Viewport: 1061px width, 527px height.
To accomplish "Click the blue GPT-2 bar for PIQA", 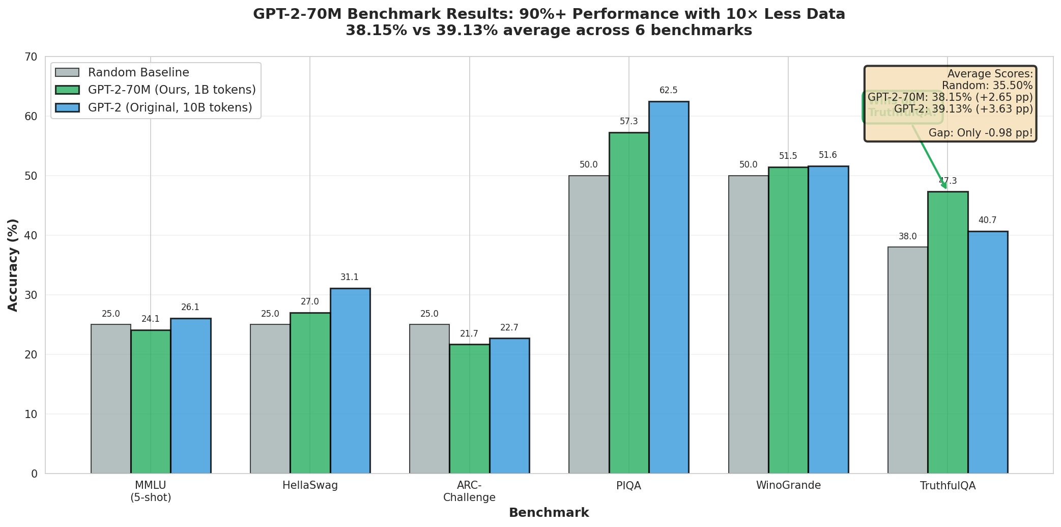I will point(669,288).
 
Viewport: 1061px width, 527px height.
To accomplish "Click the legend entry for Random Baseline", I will point(138,72).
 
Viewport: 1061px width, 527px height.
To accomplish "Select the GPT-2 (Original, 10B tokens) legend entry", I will point(170,107).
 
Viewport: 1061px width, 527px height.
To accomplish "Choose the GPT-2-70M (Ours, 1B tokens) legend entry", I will point(171,90).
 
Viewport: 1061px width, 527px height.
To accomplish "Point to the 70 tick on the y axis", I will point(32,57).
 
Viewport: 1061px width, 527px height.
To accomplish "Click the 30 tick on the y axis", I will point(32,295).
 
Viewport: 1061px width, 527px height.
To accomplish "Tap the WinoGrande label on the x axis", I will point(788,485).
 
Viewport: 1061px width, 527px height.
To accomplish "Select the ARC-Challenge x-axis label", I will point(469,491).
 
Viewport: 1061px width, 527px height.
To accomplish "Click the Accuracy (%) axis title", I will point(13,265).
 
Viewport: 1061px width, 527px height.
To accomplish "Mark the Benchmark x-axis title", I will point(549,513).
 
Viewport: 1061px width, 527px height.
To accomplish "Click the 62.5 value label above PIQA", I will point(669,91).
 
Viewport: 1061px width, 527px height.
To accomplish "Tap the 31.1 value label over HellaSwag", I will point(350,278).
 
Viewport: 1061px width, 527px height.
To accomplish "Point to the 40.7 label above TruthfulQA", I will point(987,220).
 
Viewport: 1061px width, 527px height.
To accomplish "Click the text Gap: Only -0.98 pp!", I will point(981,133).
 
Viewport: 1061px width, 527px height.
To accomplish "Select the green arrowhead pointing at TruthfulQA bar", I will point(945,186).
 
